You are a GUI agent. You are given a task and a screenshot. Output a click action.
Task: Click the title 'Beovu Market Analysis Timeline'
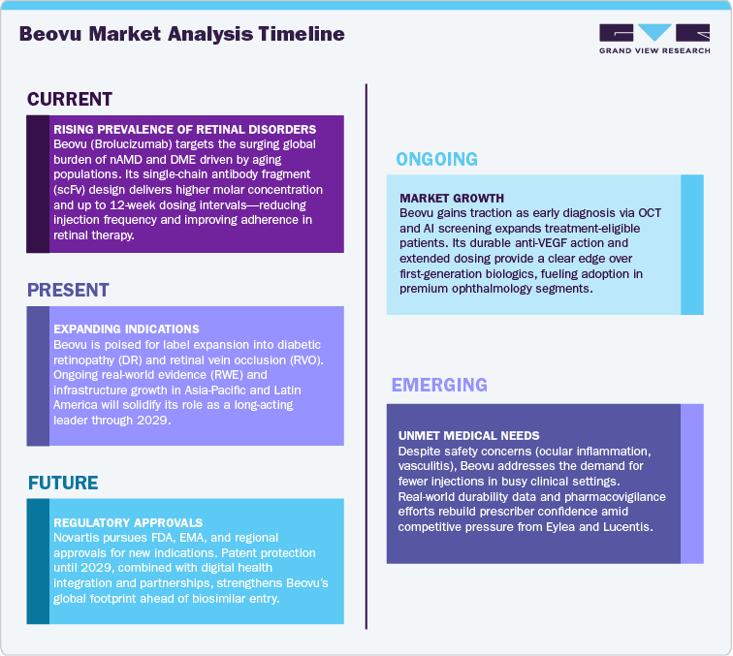[181, 34]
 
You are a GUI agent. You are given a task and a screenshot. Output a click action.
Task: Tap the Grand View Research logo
[653, 39]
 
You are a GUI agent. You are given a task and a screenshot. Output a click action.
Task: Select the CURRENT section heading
[70, 99]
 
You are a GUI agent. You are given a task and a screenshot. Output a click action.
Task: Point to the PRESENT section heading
[68, 290]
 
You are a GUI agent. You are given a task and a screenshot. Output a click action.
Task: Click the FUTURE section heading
[63, 483]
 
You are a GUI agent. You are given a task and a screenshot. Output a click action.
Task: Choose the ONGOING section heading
[437, 159]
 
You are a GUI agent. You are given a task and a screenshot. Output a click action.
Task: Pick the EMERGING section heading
[439, 386]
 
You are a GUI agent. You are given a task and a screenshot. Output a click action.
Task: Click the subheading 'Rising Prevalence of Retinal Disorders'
[185, 129]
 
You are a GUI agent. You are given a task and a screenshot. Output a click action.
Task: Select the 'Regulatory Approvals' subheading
[129, 521]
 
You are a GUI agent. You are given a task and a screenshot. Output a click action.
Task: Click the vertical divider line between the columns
[366, 359]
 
